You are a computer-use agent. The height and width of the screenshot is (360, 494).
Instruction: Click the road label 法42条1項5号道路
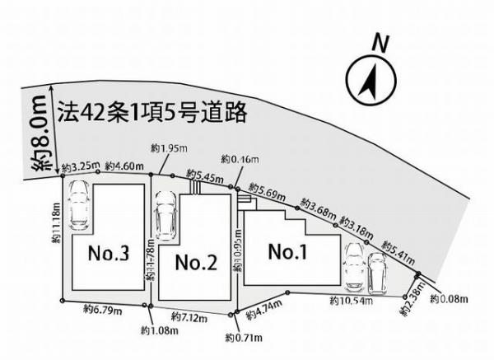(152, 114)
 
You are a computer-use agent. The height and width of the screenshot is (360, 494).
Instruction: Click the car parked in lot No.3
(80, 207)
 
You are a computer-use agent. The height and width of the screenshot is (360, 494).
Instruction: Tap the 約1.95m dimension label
(168, 147)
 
